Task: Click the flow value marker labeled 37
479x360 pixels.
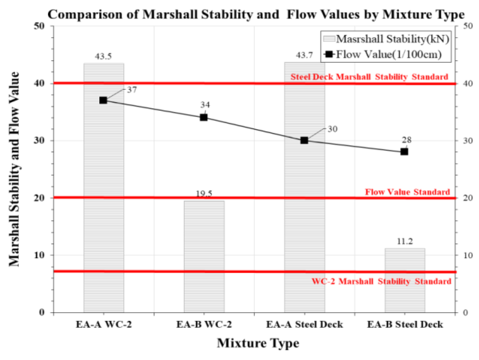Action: point(103,100)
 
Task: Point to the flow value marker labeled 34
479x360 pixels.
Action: point(204,117)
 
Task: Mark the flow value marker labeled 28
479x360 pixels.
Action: point(404,151)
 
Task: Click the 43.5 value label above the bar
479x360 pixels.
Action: point(103,56)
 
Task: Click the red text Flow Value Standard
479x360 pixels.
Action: point(407,192)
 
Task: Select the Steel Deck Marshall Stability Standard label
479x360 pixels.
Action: point(369,77)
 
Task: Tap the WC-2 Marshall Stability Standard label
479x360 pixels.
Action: point(381,281)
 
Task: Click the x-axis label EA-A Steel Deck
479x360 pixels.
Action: point(304,324)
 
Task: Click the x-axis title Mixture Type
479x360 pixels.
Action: point(258,343)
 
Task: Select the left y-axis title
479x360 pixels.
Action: point(14,169)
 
